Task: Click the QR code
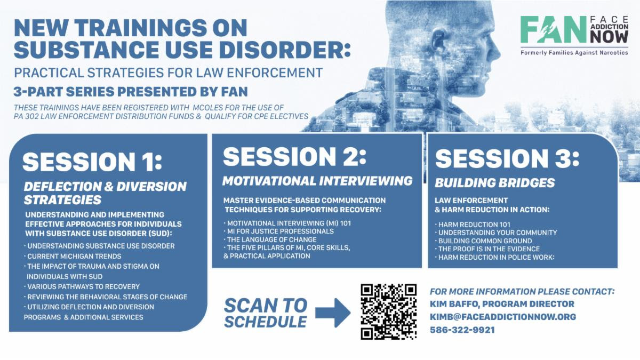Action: click(389, 311)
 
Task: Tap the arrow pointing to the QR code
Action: click(333, 313)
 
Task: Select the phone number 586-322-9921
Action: click(462, 330)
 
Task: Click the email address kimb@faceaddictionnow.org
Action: click(503, 317)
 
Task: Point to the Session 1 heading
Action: click(92, 162)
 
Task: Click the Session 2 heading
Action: click(294, 157)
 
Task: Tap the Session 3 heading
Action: click(507, 158)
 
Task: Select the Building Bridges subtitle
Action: click(495, 183)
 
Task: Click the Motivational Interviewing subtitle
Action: click(317, 181)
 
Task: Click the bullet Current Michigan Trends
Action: click(73, 257)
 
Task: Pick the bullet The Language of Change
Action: click(270, 239)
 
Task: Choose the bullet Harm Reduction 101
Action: click(473, 225)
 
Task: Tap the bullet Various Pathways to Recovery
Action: click(82, 286)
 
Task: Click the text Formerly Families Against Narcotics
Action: click(574, 53)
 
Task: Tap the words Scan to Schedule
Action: click(266, 314)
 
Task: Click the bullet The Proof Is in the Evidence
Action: click(487, 249)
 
